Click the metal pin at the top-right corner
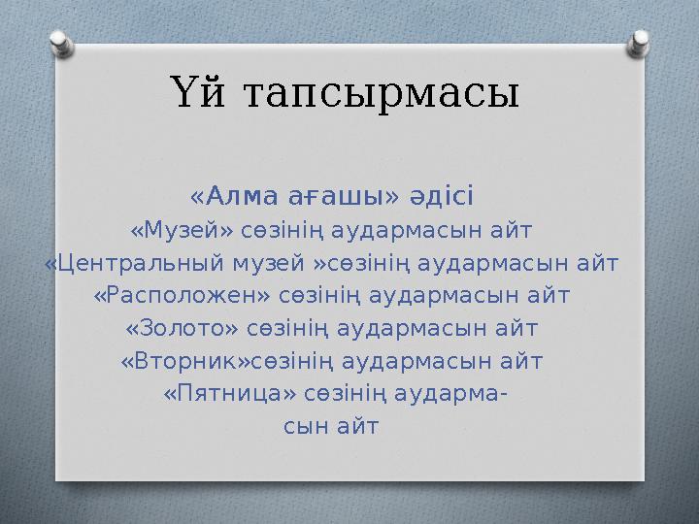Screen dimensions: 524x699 click(641, 40)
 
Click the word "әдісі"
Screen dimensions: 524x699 click(441, 197)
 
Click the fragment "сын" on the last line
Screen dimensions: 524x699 click(304, 426)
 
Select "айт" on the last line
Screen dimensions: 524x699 click(356, 426)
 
